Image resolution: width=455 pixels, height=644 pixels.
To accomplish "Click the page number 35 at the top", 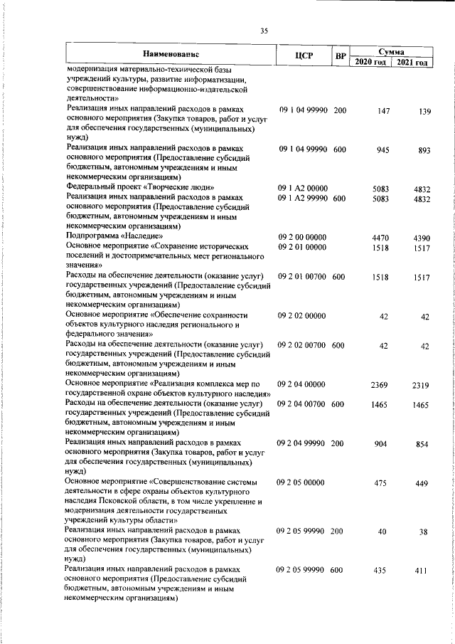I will (264, 30).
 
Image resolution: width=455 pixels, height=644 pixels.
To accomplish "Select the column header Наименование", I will (171, 54).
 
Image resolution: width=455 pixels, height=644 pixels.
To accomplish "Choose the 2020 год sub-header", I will (370, 63).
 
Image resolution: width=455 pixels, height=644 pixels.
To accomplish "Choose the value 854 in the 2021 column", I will (422, 444).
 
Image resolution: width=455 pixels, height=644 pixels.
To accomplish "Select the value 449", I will (422, 482).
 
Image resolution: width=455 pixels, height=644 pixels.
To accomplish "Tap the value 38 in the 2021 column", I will (424, 532).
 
